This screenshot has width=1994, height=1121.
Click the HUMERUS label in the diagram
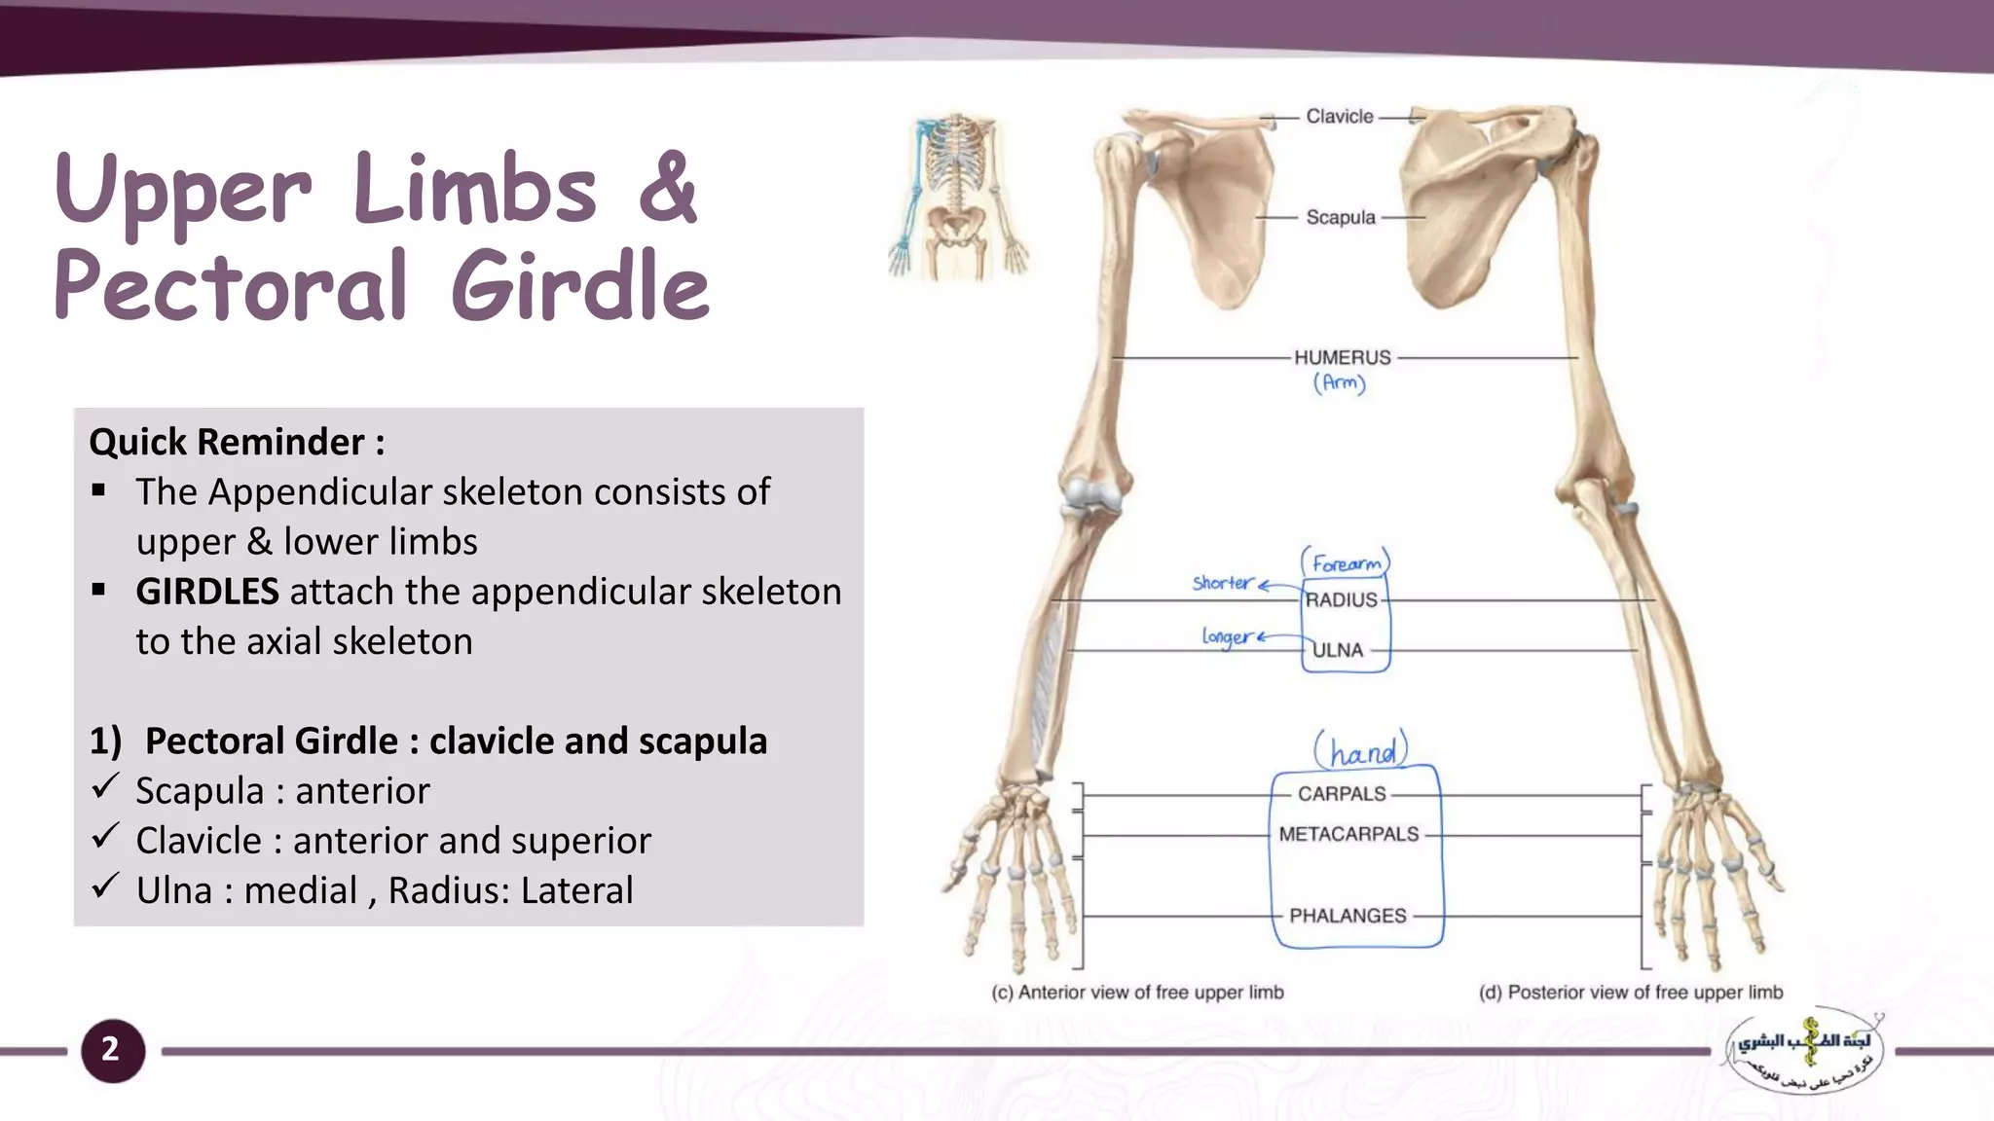click(x=1343, y=357)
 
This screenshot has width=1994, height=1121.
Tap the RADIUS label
click(x=1342, y=600)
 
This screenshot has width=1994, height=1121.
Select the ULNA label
click(x=1338, y=650)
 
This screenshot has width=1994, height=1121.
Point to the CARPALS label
click(x=1342, y=794)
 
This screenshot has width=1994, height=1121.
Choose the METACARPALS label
click(x=1348, y=835)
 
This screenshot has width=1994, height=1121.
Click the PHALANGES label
click(x=1348, y=916)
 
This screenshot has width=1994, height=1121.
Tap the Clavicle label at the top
click(x=1340, y=117)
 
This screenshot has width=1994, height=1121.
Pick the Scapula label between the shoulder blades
click(x=1341, y=217)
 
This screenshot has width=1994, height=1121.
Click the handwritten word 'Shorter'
click(x=1223, y=583)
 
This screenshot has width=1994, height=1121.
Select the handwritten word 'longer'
click(x=1227, y=637)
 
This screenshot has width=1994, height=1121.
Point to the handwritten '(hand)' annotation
click(x=1361, y=751)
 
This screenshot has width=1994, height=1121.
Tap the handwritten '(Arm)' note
click(x=1340, y=382)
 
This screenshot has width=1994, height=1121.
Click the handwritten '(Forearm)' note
click(x=1346, y=563)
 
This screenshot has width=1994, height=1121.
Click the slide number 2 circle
click(x=112, y=1050)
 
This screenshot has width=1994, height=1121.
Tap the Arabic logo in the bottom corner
click(x=1804, y=1052)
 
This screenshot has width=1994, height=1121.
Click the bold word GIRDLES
click(x=207, y=592)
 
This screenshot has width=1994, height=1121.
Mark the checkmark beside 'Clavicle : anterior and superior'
click(x=105, y=836)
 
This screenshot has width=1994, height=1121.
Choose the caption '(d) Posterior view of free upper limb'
click(x=1631, y=993)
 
